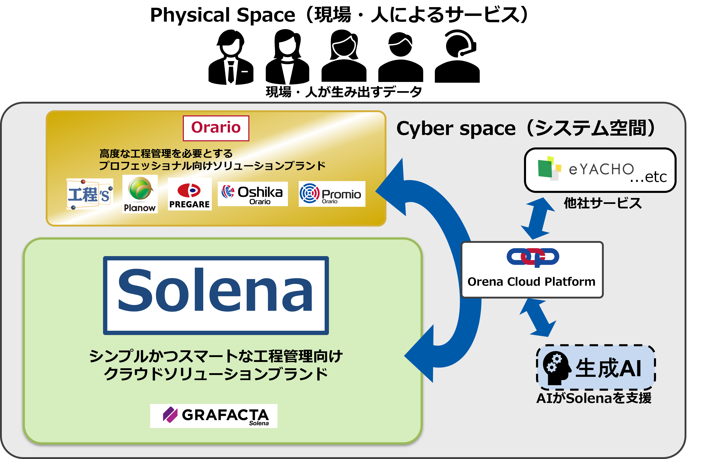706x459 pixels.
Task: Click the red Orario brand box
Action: [216, 128]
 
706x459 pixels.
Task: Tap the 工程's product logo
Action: [90, 194]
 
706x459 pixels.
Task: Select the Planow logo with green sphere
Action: [140, 194]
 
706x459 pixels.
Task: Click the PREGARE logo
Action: [190, 194]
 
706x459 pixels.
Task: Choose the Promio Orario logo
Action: [332, 194]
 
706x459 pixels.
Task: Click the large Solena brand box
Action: [216, 295]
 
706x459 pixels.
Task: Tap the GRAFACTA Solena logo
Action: [214, 416]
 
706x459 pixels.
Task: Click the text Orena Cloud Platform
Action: [531, 282]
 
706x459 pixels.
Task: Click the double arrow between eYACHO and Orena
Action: [537, 219]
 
